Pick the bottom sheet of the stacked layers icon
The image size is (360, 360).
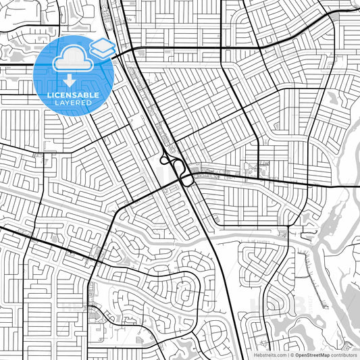click(x=103, y=53)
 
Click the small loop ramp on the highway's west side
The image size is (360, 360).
click(x=163, y=159)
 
